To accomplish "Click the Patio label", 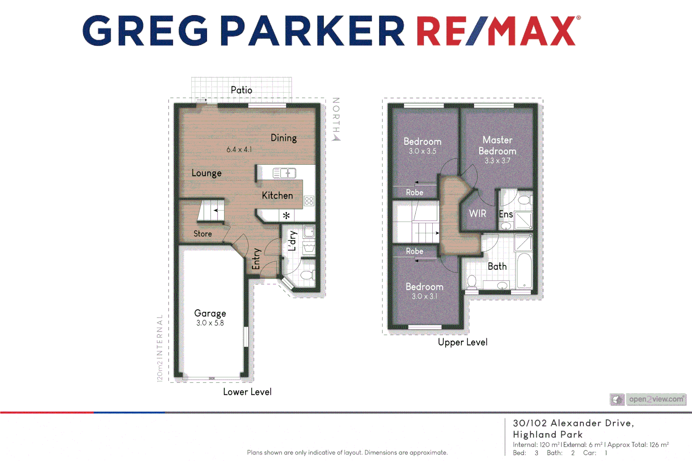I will pos(241,90).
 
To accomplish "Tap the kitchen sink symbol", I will pos(284,173).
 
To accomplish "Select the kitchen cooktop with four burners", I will pos(309,201).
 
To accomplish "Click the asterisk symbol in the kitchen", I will pos(286,216).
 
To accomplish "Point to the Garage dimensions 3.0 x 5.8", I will pos(210,323).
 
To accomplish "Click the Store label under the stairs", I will pos(202,234).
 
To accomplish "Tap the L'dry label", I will pos(292,241).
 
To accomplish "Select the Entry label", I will pos(256,259).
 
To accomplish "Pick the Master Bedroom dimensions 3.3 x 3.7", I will pos(497,161).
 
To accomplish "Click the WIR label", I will pos(478,214).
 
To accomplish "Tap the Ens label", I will pos(506,214).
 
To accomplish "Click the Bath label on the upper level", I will pos(497,266).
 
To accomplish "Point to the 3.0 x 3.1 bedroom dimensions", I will pos(424,296).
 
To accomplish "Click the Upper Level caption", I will pos(463,342).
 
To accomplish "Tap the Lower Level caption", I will pos(247,392).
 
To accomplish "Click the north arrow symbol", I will pos(337,137).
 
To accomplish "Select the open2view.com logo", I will pos(648,400).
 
